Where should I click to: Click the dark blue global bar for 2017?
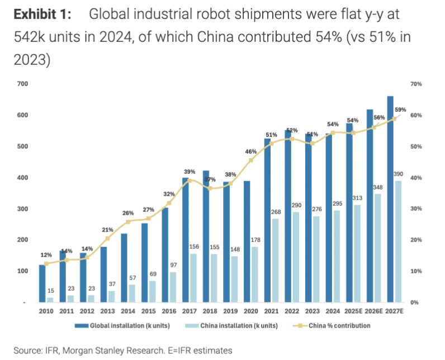[186, 240]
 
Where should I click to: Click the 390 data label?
[397, 174]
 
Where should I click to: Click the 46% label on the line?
[251, 151]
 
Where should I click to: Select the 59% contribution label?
[400, 110]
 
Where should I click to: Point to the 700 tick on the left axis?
[22, 84]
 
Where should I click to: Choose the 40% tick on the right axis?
[416, 178]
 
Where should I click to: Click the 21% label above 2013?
[107, 230]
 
